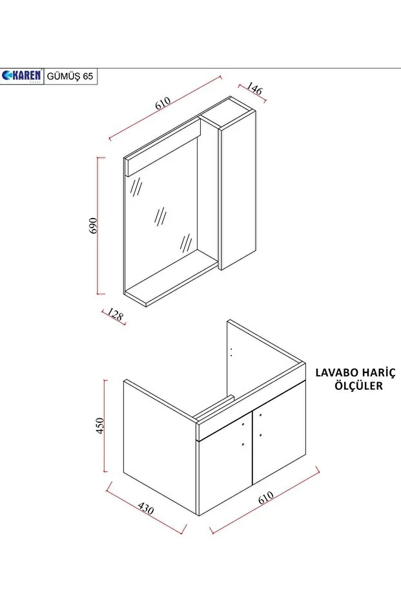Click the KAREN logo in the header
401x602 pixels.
click(22, 76)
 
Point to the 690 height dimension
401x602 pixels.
click(93, 225)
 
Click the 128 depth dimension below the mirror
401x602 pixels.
click(115, 315)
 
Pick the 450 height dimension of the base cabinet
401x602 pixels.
click(100, 425)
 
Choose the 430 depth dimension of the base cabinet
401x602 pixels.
click(146, 510)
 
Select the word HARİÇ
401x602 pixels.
click(379, 373)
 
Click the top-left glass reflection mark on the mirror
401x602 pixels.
click(136, 187)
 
